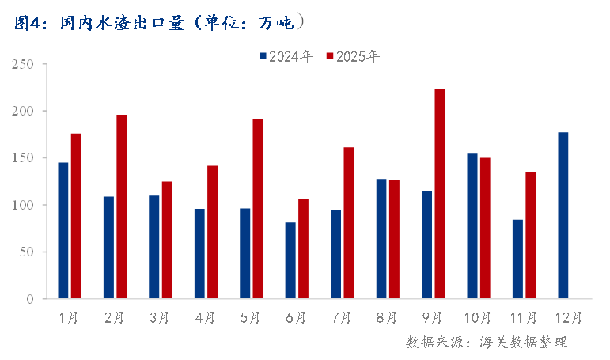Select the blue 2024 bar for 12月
(x=563, y=215)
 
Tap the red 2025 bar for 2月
(x=121, y=207)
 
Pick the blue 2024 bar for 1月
(x=63, y=230)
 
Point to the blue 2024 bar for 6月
(x=290, y=260)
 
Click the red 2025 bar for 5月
(x=258, y=209)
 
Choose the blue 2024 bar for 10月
(x=472, y=226)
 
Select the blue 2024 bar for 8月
(x=381, y=239)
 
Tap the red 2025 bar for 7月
(x=349, y=223)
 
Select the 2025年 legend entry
(x=353, y=56)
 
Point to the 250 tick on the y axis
(x=23, y=64)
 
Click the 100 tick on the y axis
(x=23, y=205)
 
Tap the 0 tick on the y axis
(x=29, y=299)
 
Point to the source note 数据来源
(x=487, y=343)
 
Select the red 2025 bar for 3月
(x=167, y=240)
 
